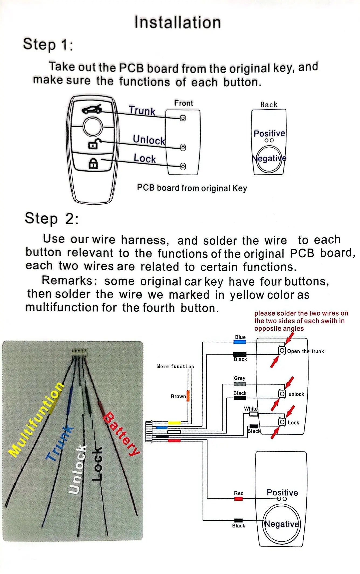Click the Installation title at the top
tap(178, 22)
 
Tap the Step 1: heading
tap(48, 44)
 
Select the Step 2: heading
tap(52, 218)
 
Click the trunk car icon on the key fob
tap(92, 109)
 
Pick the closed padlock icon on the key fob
tap(93, 163)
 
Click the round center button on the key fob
tap(93, 126)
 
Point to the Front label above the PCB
tap(184, 103)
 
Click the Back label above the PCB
tap(269, 104)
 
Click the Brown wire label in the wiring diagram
tap(178, 396)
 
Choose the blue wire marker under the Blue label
tap(240, 342)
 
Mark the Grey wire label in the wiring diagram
tap(240, 378)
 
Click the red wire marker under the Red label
tap(238, 499)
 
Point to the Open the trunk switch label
tap(305, 351)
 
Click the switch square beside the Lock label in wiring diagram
tap(282, 422)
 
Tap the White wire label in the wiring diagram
tap(251, 409)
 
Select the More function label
tap(175, 366)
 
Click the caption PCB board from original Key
tap(192, 188)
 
